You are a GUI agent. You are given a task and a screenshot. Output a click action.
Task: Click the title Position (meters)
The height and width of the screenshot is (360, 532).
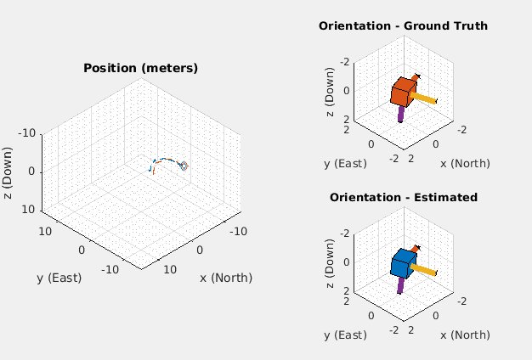140,68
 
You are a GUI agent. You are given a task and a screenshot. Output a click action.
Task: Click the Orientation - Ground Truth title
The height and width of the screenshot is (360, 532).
403,25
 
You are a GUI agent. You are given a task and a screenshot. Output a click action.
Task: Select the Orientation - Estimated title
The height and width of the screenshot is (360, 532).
403,197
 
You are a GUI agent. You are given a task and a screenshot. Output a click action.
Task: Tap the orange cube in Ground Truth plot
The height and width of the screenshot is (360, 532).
403,91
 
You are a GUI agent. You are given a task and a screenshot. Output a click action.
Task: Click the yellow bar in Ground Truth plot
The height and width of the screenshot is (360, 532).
425,98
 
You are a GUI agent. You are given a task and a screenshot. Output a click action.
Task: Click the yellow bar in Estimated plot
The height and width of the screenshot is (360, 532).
425,269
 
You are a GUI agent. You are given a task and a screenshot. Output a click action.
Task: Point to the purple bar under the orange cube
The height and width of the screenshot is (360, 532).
400,113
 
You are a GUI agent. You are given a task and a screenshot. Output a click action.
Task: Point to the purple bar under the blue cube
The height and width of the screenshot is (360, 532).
400,284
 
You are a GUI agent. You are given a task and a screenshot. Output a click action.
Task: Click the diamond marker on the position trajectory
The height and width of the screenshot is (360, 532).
184,166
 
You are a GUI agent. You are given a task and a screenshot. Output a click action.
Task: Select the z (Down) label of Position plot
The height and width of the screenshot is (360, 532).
8,172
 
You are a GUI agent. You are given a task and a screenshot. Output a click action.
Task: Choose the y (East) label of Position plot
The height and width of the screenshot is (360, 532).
59,278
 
